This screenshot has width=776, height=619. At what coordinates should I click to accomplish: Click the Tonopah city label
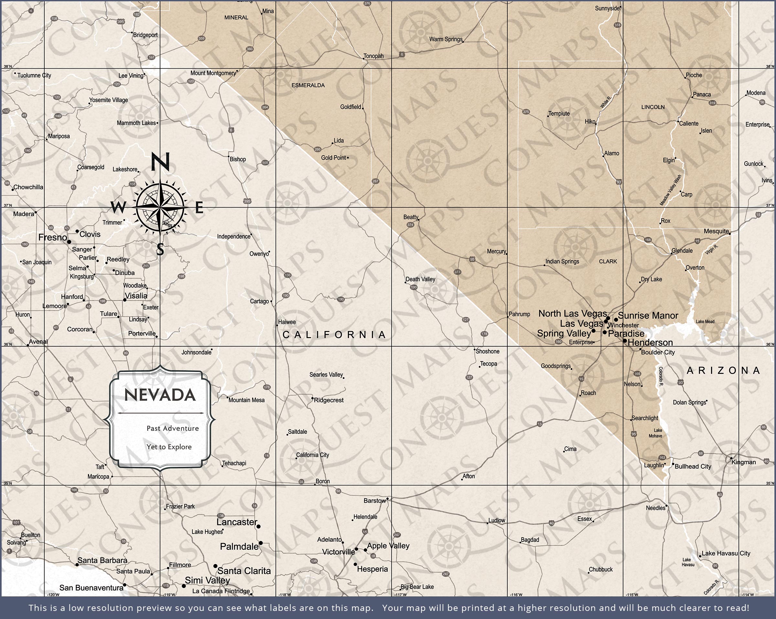coord(373,56)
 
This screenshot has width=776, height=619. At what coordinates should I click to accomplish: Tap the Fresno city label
coord(53,237)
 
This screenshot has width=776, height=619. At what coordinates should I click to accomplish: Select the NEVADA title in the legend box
coord(160,395)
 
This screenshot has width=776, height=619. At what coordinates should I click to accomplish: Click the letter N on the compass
coord(160,162)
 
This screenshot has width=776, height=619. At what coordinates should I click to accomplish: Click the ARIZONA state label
coord(723,370)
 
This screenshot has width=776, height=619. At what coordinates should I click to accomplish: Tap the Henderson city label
coord(650,342)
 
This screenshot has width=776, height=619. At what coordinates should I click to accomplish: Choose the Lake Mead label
coord(705,321)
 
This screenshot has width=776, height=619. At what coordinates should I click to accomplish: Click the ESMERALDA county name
coord(308,85)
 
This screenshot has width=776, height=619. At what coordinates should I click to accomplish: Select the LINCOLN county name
coord(653,107)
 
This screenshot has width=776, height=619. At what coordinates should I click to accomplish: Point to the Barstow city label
coord(375,501)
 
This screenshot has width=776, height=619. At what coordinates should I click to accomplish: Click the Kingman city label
coord(744,462)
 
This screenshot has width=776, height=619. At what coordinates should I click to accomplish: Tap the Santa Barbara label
coord(102,560)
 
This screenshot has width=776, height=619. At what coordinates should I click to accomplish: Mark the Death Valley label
coord(420,279)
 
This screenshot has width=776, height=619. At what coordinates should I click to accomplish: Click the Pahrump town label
coord(519,314)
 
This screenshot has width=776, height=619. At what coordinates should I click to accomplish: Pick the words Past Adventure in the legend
coord(172,428)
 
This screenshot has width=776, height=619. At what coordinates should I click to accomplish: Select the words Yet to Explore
coord(169,447)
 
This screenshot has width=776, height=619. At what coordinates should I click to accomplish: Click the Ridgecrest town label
coord(329,400)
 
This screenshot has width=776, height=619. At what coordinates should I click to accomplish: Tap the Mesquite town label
coord(716,231)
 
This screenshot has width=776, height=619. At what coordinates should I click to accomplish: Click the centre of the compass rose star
coord(160,207)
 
